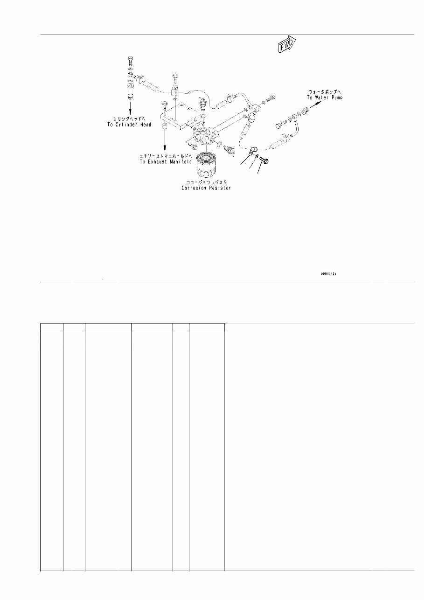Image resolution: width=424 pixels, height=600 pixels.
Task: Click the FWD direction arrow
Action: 286,46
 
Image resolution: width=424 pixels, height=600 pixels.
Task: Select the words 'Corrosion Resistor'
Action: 206,188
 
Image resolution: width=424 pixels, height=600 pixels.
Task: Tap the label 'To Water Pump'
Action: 324,98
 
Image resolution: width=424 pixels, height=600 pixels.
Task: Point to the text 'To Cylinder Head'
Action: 129,125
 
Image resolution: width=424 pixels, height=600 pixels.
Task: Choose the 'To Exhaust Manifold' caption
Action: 166,161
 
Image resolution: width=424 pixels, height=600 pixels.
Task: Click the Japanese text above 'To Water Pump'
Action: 325,91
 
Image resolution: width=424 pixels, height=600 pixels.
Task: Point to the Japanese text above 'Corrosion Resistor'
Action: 206,181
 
